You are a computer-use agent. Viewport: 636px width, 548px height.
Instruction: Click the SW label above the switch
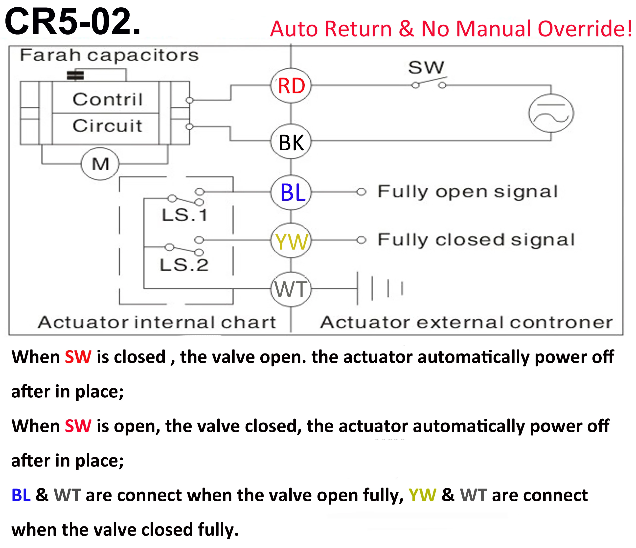(426, 67)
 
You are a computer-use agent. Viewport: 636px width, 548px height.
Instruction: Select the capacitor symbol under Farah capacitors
(75, 75)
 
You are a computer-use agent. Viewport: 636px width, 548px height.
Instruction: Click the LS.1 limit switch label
(185, 215)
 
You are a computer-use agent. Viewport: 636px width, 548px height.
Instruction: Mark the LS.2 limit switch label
(184, 265)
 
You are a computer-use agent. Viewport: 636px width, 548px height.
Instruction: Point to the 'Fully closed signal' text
(476, 240)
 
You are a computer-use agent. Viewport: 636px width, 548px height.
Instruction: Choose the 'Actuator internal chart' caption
(157, 322)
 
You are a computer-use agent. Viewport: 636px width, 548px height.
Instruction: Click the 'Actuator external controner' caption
(466, 322)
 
